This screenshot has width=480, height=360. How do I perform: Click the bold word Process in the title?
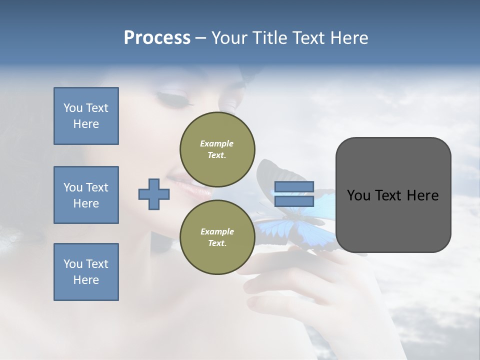[x=157, y=38]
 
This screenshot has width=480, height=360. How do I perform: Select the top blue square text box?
[x=86, y=116]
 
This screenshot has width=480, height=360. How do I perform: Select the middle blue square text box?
[x=86, y=195]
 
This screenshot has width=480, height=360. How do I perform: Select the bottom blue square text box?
[x=86, y=272]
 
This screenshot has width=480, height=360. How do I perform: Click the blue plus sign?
[x=154, y=194]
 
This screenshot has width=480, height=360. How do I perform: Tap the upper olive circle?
[x=217, y=149]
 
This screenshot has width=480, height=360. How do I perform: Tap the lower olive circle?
[x=217, y=237]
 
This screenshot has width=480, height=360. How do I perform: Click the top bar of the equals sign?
[x=294, y=187]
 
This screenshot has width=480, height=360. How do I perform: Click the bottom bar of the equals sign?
[x=294, y=201]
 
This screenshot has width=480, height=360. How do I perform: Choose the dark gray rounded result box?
[x=393, y=195]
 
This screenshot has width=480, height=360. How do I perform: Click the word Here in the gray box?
[x=422, y=195]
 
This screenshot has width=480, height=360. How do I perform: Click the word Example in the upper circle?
[x=217, y=143]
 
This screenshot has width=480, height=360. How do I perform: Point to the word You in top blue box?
[x=73, y=108]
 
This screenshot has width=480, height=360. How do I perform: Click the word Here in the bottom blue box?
[x=86, y=280]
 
